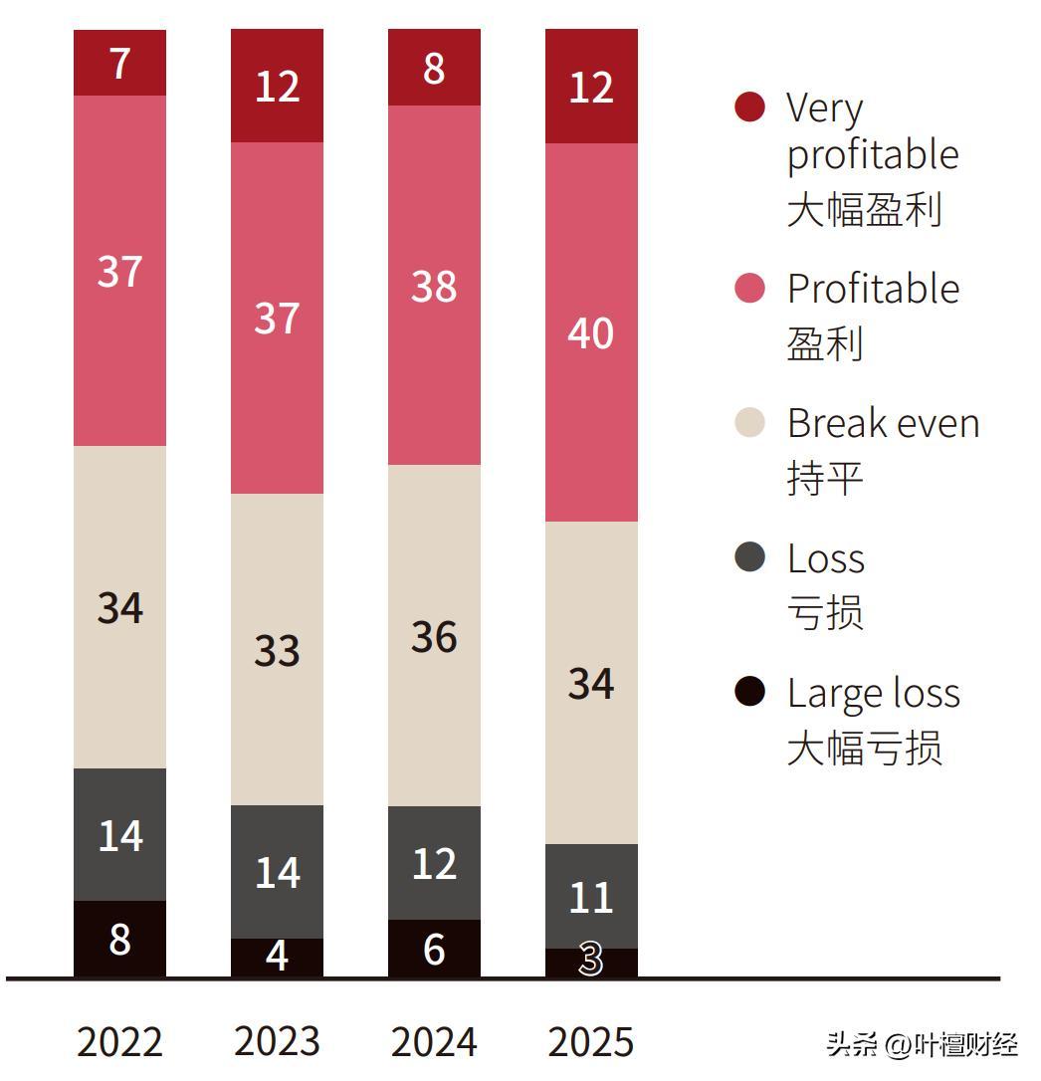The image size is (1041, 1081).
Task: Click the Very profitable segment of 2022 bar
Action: point(119,63)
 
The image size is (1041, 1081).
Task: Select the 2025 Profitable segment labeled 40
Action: point(591,332)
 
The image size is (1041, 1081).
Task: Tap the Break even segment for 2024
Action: point(434,635)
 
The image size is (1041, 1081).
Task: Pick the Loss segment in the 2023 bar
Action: point(277,871)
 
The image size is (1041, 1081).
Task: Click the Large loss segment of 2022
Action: point(119,939)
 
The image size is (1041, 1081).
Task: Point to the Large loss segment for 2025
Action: point(591,962)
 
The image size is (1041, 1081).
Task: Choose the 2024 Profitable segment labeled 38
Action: point(434,285)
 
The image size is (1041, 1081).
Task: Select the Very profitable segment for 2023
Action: point(277,86)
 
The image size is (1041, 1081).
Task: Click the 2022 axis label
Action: point(119,1041)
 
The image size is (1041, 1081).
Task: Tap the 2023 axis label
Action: point(277,1041)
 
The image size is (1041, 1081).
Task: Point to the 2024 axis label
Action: point(434,1041)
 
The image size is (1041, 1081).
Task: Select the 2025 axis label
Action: point(591,1041)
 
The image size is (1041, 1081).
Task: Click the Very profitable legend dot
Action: point(749,107)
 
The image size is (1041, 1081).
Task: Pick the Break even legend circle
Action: point(749,422)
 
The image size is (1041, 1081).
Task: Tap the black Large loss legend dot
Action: point(749,691)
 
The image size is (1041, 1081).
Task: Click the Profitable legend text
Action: point(873,289)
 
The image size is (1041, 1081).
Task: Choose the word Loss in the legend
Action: point(825,558)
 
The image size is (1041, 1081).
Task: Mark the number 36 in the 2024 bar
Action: point(434,637)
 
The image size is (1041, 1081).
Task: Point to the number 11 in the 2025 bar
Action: point(591,897)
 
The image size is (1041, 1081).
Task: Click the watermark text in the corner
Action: point(922,1045)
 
